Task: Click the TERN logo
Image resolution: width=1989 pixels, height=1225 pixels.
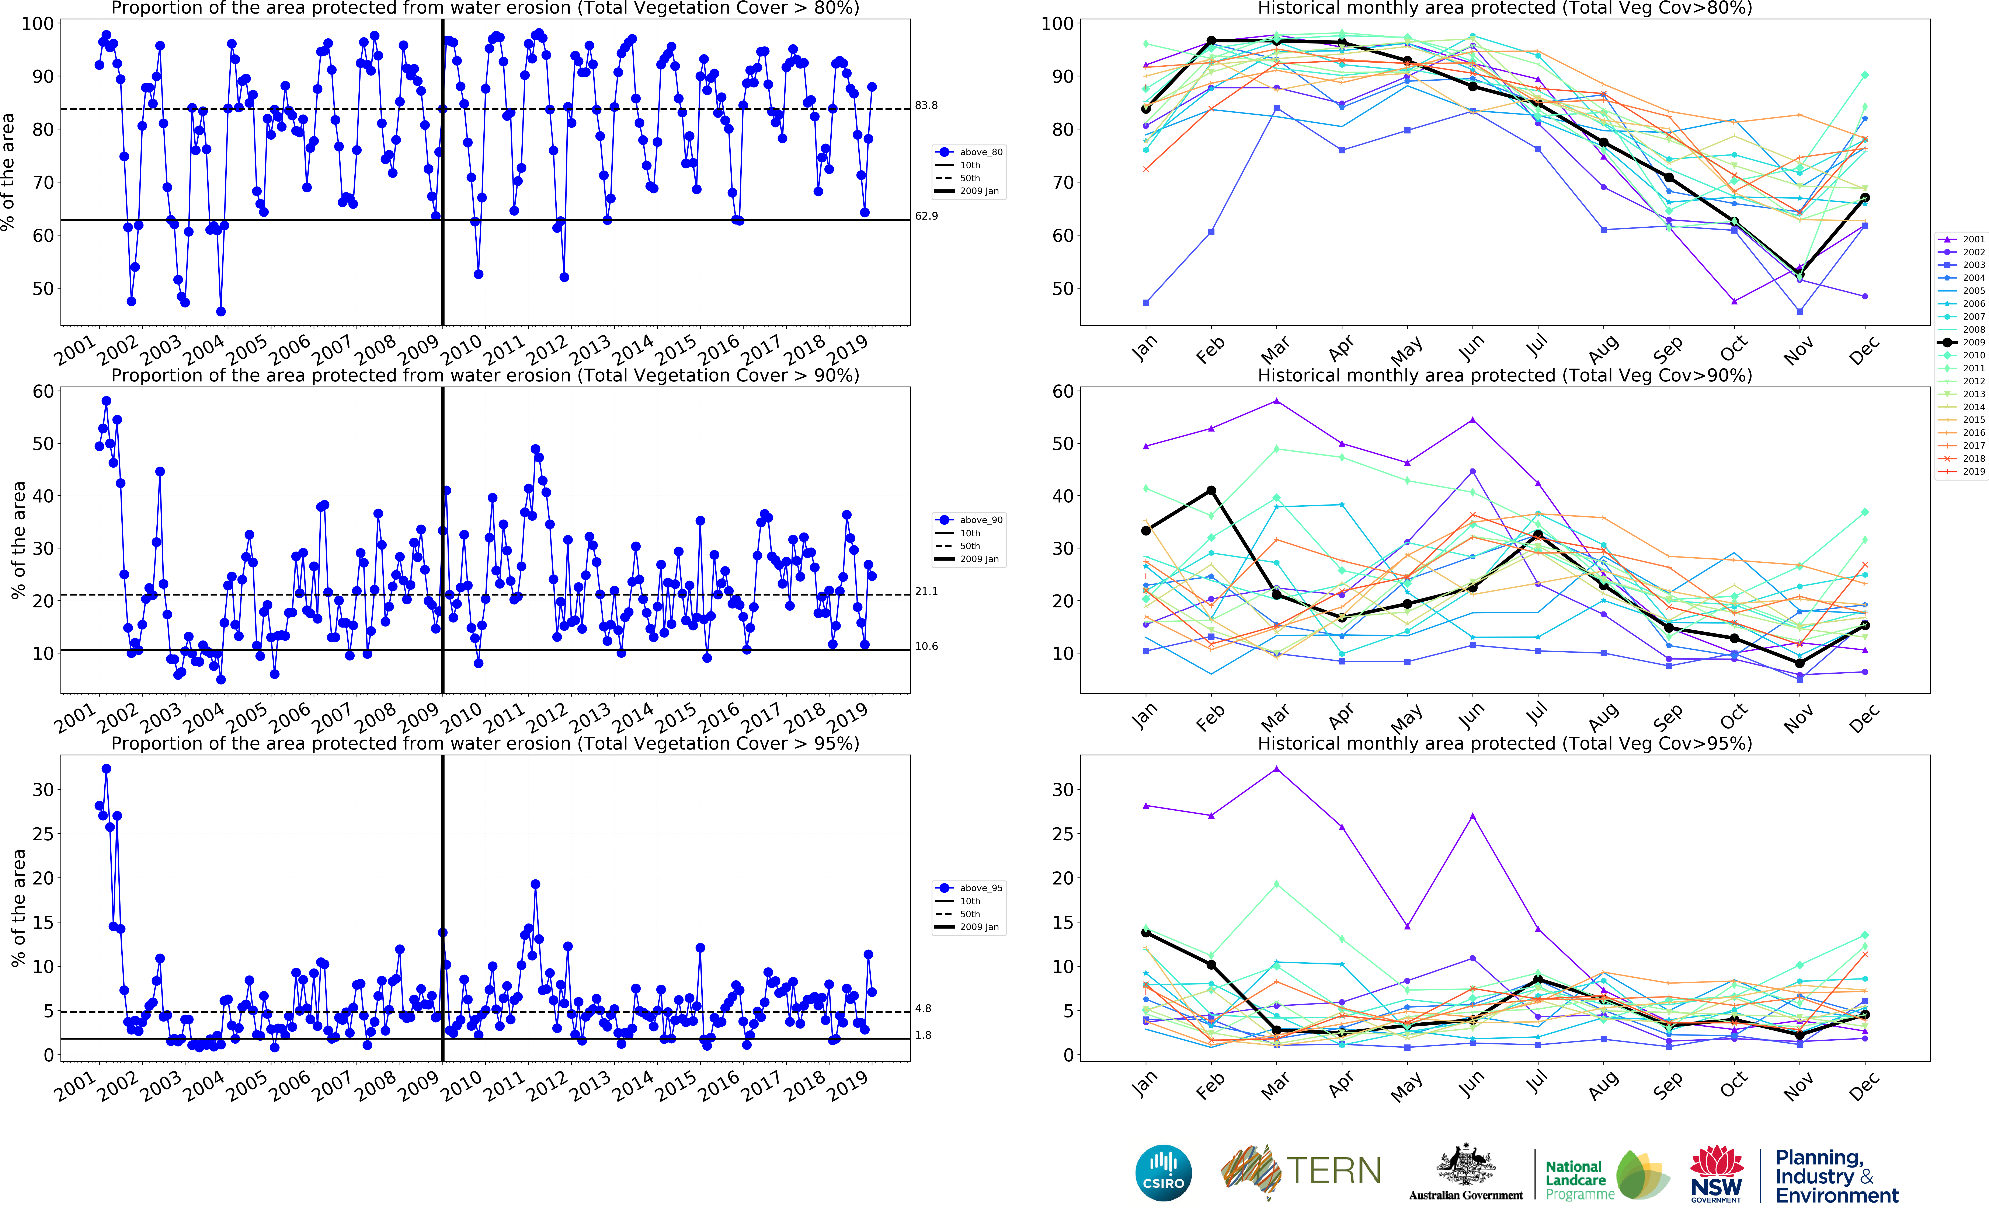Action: click(1300, 1172)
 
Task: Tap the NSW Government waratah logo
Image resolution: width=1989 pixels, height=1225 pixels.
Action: click(1716, 1173)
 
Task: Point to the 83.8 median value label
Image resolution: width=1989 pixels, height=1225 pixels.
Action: click(926, 105)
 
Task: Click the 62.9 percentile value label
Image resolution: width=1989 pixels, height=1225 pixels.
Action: click(926, 216)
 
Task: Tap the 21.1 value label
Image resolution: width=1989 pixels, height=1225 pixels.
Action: click(926, 591)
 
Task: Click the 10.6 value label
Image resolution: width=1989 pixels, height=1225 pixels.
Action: click(926, 646)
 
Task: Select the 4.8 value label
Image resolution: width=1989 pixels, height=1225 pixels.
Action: click(923, 1009)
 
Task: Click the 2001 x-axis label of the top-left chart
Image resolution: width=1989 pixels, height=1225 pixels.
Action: click(75, 351)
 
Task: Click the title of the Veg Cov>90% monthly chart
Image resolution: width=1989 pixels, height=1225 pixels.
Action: click(1505, 375)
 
